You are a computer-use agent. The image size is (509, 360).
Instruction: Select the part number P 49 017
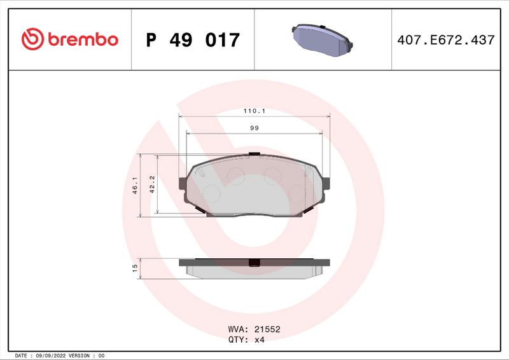193,40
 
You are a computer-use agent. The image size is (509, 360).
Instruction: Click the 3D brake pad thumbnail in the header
323,39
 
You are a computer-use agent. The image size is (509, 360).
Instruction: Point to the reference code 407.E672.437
445,40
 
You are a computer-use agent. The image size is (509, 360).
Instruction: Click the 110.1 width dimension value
254,111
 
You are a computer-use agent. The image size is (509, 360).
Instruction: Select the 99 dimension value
254,128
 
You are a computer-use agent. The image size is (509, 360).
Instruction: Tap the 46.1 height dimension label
135,186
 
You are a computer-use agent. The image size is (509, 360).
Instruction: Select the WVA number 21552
267,329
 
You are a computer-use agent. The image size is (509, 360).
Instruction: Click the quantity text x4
259,340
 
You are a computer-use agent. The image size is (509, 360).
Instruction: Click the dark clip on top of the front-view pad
254,154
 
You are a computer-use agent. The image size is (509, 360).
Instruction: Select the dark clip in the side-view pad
254,263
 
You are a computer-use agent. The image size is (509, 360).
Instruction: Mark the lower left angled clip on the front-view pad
199,210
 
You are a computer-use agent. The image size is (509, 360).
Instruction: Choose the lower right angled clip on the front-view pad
310,210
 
